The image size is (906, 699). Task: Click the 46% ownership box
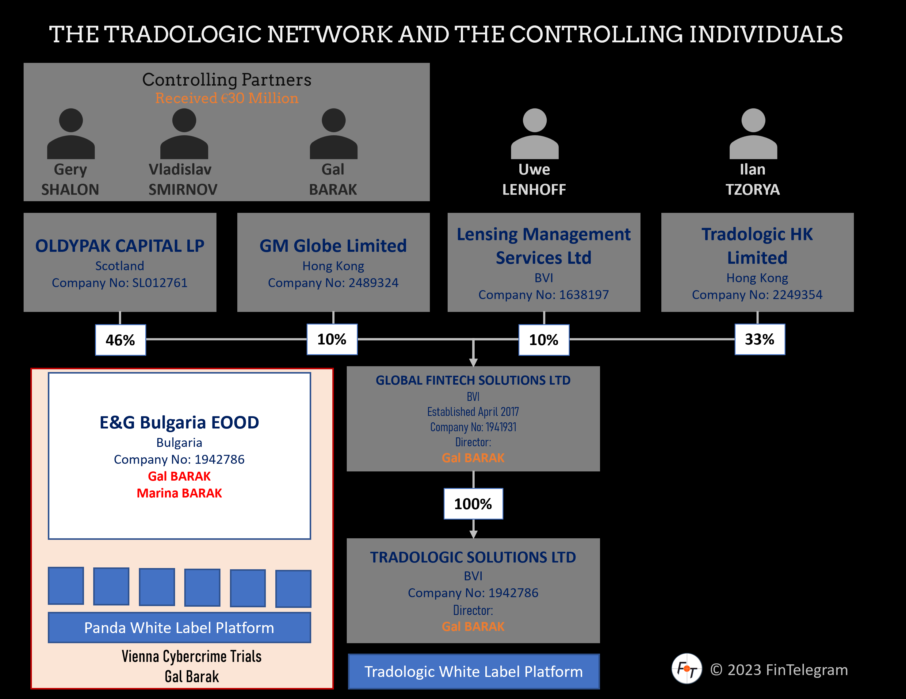[120, 340]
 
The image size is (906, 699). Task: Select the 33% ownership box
[759, 340]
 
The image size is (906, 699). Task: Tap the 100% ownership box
[473, 504]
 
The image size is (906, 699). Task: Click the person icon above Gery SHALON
[71, 134]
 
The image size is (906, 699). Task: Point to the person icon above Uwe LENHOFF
[534, 134]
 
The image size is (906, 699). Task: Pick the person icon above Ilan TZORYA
[753, 134]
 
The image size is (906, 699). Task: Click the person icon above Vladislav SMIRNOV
[184, 134]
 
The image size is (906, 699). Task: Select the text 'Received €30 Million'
[227, 98]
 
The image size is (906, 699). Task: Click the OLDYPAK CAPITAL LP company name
[120, 246]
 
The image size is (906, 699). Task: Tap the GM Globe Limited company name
[333, 246]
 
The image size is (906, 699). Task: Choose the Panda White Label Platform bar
[179, 628]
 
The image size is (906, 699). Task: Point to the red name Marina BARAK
[179, 493]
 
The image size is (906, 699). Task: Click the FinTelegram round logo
[686, 669]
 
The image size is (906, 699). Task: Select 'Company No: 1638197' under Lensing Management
[543, 295]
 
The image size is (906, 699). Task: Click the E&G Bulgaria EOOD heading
[179, 423]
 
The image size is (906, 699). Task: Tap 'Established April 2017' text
[473, 412]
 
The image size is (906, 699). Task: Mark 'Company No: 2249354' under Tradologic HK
[757, 295]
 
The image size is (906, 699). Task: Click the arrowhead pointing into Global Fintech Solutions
[473, 362]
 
